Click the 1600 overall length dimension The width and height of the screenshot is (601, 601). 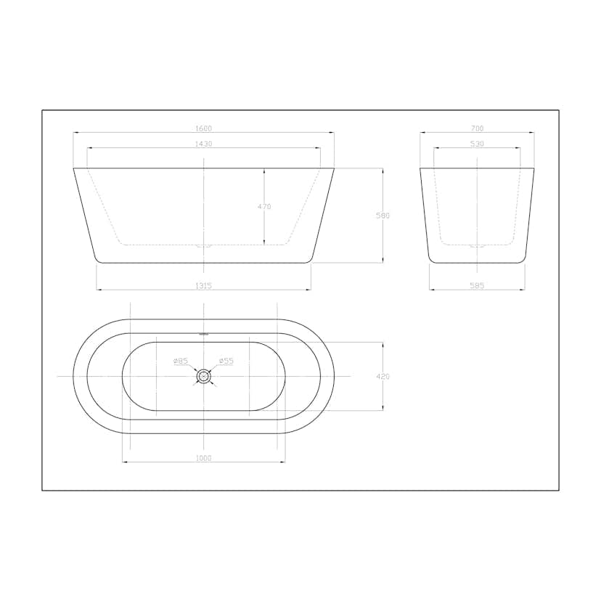pyautogui.click(x=203, y=128)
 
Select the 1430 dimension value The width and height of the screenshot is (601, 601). pyautogui.click(x=203, y=144)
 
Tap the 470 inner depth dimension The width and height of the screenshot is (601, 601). pyautogui.click(x=264, y=207)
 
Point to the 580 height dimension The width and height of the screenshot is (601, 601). pyautogui.click(x=383, y=216)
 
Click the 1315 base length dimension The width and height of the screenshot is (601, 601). pyautogui.click(x=203, y=285)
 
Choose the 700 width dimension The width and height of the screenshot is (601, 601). pyautogui.click(x=477, y=128)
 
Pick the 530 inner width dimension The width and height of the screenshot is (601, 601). pyautogui.click(x=477, y=144)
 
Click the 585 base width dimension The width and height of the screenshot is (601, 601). pyautogui.click(x=477, y=285)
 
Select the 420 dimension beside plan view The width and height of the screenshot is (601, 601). pyautogui.click(x=383, y=377)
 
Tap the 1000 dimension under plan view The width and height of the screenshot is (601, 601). pyautogui.click(x=203, y=458)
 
